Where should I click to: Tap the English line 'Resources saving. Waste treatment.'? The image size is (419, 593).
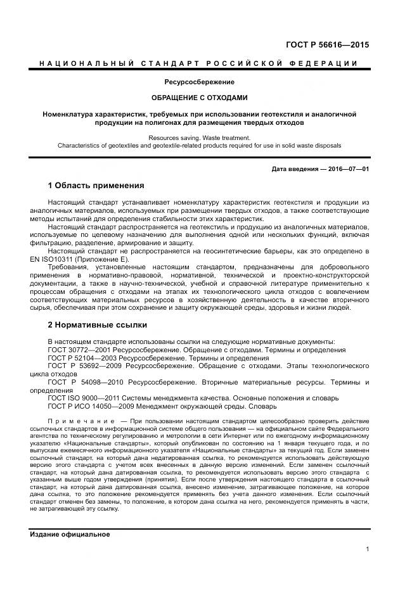click(200, 137)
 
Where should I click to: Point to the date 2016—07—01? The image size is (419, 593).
click(347, 169)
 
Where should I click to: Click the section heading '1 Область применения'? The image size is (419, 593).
click(96, 186)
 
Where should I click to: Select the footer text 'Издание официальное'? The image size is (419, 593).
click(70, 534)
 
